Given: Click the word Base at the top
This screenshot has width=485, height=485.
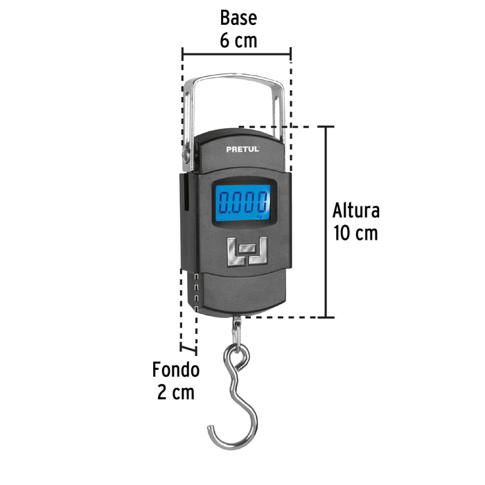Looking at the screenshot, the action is (x=238, y=18).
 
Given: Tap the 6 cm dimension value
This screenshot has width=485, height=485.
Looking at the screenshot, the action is (x=238, y=40).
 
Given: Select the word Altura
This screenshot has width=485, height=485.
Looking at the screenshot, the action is (x=355, y=211).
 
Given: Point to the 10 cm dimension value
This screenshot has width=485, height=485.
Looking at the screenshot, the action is (x=355, y=233).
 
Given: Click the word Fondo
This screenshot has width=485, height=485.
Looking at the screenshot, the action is (x=176, y=369).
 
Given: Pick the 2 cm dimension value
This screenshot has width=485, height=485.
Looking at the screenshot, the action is (x=176, y=392).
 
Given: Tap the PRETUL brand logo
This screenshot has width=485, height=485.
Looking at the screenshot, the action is (x=242, y=149).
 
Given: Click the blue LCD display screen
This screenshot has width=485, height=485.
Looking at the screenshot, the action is (x=242, y=203).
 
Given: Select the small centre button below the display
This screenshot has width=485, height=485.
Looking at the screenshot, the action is (x=247, y=248).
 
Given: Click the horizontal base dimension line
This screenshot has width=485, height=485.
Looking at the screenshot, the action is (x=237, y=54).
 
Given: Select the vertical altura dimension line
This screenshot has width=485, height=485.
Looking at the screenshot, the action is (x=326, y=222).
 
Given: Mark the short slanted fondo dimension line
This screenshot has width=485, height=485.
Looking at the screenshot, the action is (x=188, y=349).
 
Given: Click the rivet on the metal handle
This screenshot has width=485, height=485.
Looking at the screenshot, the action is (x=186, y=155).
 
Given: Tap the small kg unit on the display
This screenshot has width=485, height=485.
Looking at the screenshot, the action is (x=259, y=216).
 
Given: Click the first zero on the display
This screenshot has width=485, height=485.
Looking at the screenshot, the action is (x=224, y=202).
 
